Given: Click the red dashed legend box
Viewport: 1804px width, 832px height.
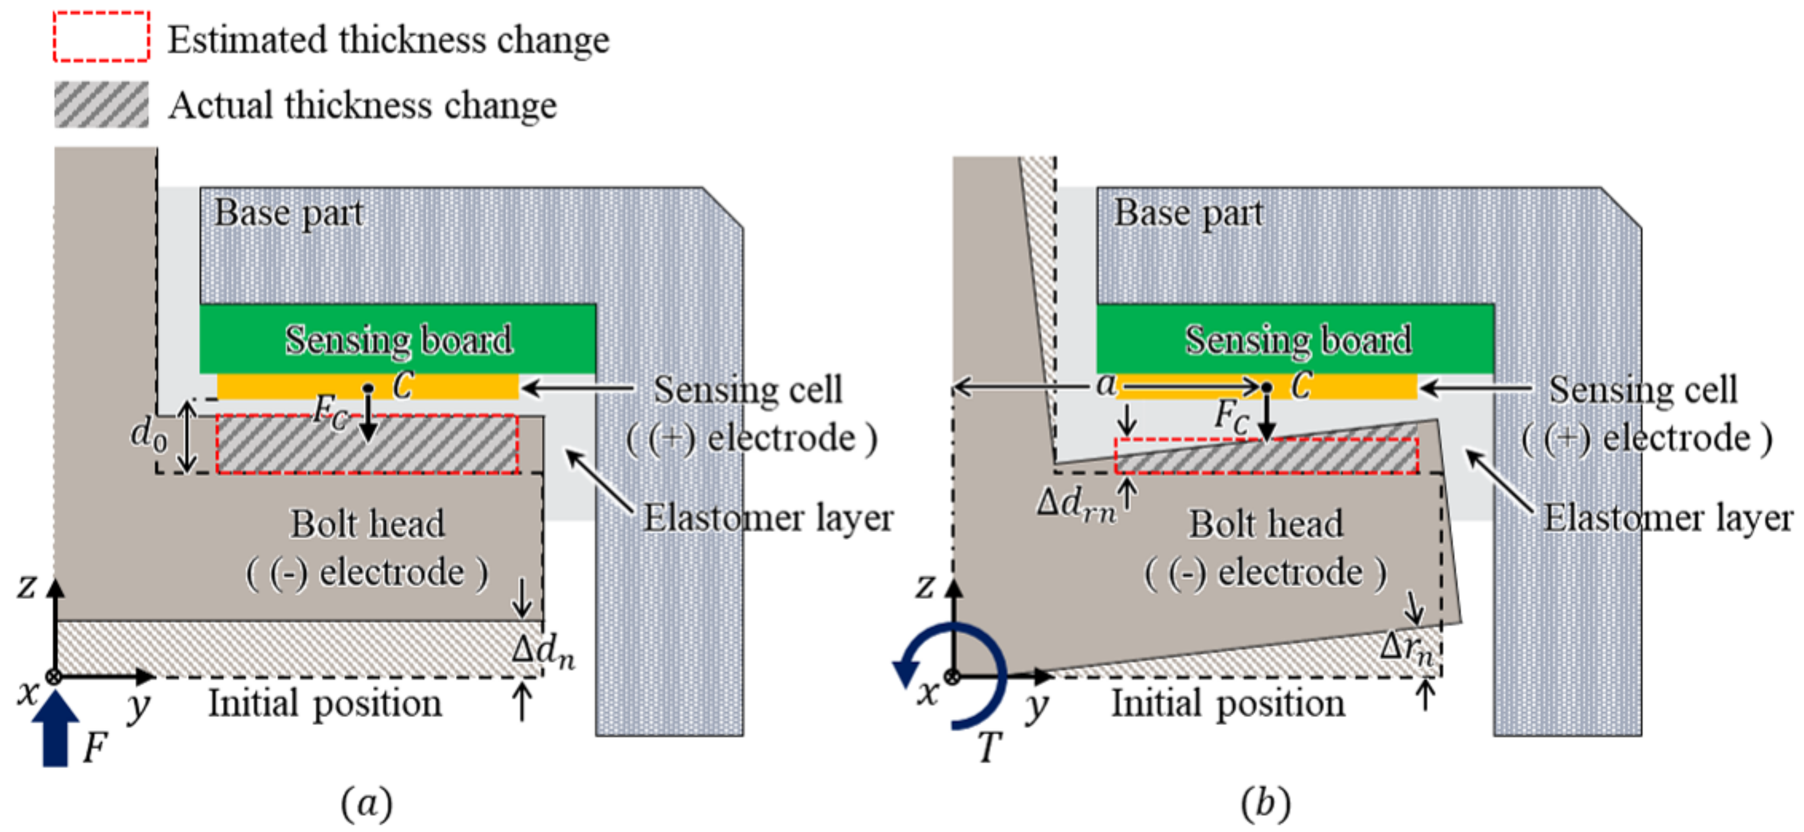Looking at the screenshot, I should [102, 36].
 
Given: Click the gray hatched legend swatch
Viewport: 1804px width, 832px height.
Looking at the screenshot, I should [102, 104].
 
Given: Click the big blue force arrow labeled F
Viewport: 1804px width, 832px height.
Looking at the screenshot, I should [55, 728].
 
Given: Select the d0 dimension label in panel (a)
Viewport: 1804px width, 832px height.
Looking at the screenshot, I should [148, 434].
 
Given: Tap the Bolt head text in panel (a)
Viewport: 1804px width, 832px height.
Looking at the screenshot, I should [368, 524].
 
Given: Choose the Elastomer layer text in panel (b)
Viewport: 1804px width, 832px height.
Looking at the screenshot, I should [1668, 518].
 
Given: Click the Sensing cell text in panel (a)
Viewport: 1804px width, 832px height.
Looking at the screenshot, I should [748, 389].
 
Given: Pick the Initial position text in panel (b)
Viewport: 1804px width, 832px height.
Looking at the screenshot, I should [1227, 704].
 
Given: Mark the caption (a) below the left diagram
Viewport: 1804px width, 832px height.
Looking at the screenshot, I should [366, 803].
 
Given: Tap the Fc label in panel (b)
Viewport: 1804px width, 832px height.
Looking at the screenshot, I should [1231, 414].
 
